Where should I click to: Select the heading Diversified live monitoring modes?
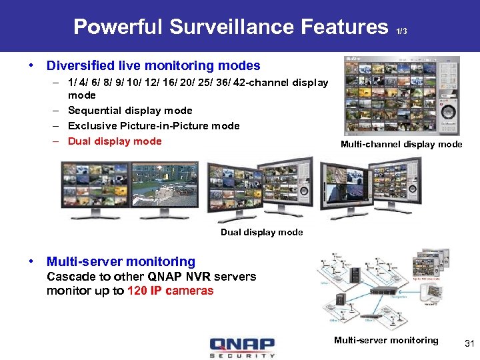(x=153, y=65)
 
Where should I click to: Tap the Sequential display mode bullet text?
(x=130, y=111)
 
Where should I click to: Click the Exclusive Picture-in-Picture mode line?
(x=153, y=126)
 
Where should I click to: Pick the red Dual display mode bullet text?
(x=115, y=141)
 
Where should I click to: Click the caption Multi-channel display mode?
(x=401, y=145)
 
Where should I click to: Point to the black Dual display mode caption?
(x=261, y=233)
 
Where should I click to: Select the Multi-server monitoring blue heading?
(x=121, y=262)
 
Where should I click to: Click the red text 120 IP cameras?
(x=170, y=291)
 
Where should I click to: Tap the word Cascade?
(x=68, y=277)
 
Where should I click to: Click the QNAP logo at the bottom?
(x=241, y=347)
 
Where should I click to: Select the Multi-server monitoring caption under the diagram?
(x=386, y=341)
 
